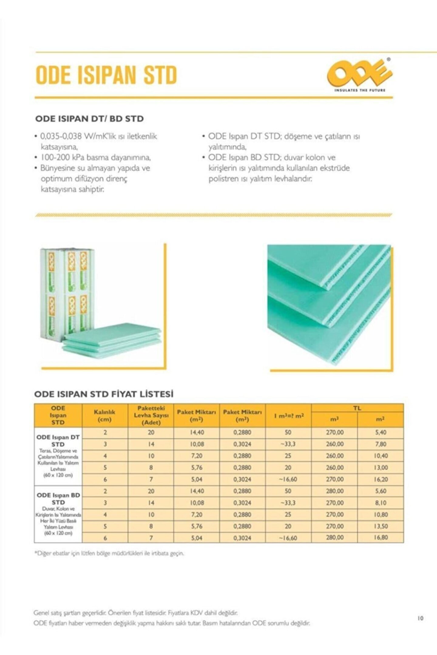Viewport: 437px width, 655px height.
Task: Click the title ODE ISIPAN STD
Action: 106,75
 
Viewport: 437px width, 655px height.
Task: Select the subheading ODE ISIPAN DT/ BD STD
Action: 89,119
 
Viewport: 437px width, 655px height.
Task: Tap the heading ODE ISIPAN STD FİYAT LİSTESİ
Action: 104,394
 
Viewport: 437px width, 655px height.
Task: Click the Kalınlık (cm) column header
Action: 105,415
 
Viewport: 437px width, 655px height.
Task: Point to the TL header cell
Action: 357,408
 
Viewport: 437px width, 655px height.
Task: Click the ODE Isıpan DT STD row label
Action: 58,441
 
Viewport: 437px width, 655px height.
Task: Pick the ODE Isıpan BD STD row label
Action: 58,499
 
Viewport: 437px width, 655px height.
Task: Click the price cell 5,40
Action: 380,432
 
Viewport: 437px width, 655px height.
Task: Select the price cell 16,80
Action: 380,537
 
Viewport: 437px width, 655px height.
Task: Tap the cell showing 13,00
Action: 380,468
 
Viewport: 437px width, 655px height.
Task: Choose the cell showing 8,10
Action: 380,503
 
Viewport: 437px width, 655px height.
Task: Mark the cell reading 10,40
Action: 380,456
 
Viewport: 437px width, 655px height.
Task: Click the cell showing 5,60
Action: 380,491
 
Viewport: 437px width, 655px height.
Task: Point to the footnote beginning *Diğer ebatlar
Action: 109,553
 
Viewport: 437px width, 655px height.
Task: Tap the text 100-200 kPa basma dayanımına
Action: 96,157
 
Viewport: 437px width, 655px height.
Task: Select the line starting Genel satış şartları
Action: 135,613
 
